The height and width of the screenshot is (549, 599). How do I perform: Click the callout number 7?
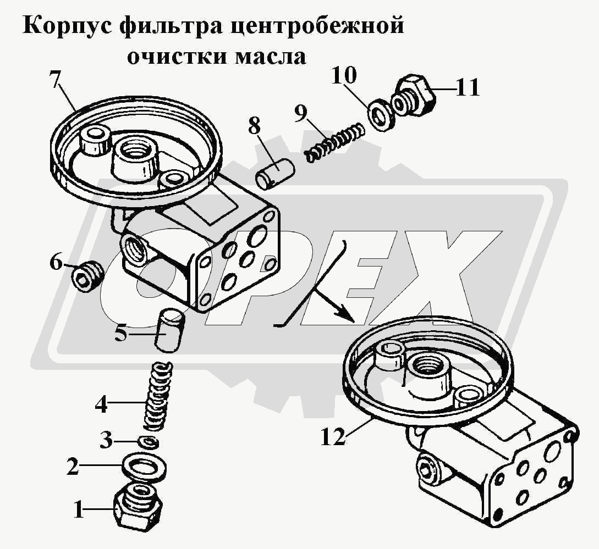(55, 80)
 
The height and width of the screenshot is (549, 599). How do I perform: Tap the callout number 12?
(333, 436)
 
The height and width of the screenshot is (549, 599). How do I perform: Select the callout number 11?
(468, 88)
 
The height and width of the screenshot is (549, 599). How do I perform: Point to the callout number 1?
(79, 509)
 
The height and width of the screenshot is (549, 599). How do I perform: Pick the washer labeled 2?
(144, 467)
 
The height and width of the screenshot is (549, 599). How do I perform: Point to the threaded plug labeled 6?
(88, 277)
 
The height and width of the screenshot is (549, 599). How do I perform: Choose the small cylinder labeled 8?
(274, 174)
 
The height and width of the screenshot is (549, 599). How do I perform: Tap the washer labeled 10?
(380, 114)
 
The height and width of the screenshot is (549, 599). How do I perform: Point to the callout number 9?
(300, 113)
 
